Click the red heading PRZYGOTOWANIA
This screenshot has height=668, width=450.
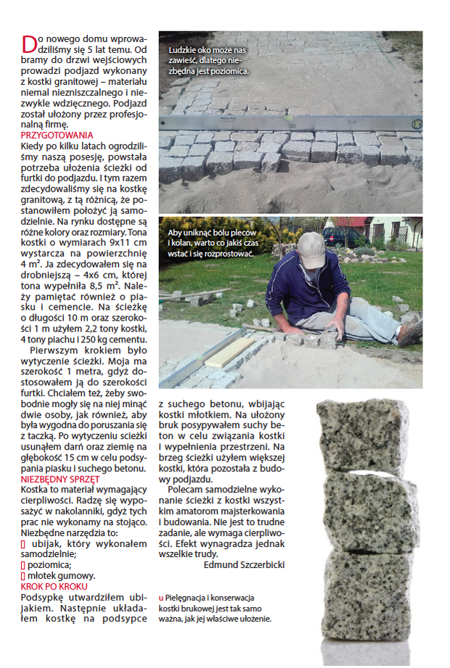point(57,135)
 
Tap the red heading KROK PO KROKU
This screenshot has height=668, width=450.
point(54,586)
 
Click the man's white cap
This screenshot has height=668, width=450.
point(311,249)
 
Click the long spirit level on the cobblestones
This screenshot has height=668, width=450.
point(290,123)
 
